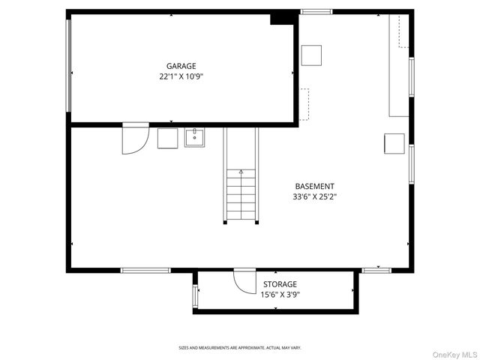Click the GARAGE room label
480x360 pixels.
[181, 65]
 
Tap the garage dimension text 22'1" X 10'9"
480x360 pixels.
[181, 76]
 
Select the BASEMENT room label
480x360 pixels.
[314, 186]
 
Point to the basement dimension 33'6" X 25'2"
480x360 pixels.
[314, 197]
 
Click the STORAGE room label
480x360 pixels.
[280, 284]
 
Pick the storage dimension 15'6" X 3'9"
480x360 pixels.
[280, 295]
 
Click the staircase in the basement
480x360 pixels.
[241, 195]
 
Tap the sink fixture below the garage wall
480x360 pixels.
[194, 138]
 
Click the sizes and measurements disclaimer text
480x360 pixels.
[239, 347]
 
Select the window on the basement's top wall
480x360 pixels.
[316, 11]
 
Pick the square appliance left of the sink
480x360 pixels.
[167, 138]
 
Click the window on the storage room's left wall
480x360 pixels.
[194, 295]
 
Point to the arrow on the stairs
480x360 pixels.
[241, 172]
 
